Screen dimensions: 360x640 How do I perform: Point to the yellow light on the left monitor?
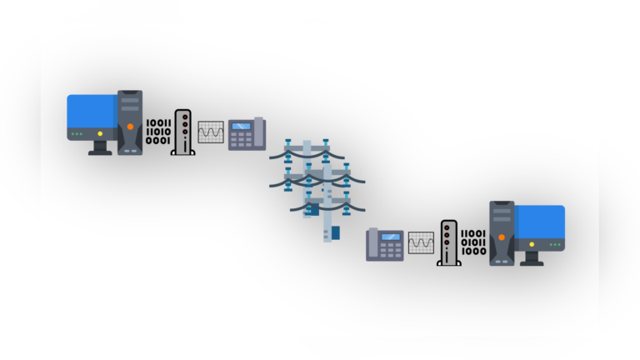(100, 133)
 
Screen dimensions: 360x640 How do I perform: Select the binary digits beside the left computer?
(158, 132)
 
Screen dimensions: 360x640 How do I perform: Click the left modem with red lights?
(182, 132)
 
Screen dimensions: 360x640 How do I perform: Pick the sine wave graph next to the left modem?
(211, 132)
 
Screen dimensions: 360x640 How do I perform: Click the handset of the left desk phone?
(259, 132)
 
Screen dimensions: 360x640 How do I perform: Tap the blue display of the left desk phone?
(241, 127)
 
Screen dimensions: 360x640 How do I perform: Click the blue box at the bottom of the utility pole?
(336, 231)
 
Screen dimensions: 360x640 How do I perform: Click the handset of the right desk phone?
(372, 244)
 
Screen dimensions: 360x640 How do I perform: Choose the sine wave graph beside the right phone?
(421, 242)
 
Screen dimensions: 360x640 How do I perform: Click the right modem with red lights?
(449, 242)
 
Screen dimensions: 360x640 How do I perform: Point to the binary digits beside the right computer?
(473, 242)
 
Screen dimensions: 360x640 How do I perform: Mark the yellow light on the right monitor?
(532, 244)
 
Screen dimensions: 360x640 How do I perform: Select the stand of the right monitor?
(532, 258)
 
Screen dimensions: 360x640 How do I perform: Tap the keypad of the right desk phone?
(390, 250)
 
